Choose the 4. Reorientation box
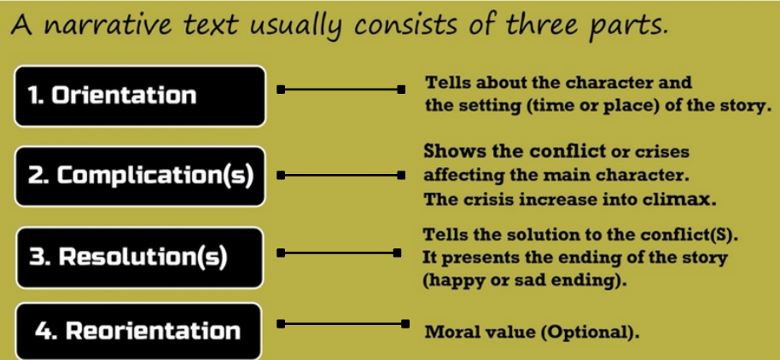pyautogui.click(x=137, y=331)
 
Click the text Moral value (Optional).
pyautogui.click(x=532, y=330)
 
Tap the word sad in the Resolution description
pyautogui.click(x=521, y=280)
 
